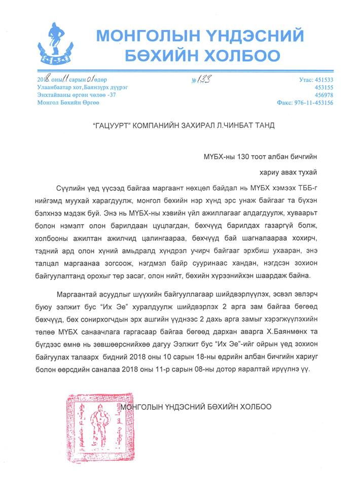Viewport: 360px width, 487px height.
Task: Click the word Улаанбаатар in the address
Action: pyautogui.click(x=55, y=87)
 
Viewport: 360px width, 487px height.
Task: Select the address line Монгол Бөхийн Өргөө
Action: pyautogui.click(x=68, y=102)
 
